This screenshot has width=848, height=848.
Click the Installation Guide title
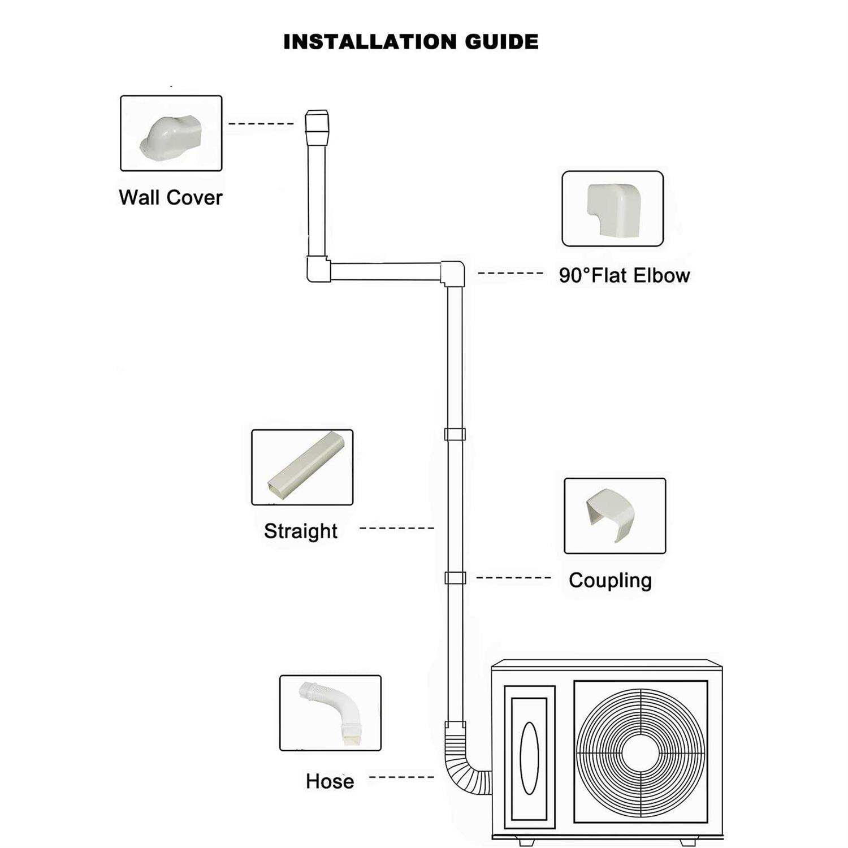point(410,42)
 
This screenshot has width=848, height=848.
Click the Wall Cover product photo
point(171,133)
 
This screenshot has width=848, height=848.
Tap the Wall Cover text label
point(170,197)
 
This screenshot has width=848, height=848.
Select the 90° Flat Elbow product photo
point(612,209)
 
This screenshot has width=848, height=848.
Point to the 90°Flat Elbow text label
point(624,275)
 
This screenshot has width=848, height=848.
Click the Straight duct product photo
point(302,467)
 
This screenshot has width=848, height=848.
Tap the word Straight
point(300,531)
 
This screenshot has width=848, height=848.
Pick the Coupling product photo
point(615,516)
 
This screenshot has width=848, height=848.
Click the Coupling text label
point(610,580)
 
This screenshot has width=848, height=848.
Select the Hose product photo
point(330,713)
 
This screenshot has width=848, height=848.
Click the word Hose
point(330,781)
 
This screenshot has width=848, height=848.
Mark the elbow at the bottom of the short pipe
point(318,269)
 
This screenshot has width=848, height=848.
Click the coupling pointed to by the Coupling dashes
point(455,578)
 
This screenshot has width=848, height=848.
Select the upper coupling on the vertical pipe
point(455,434)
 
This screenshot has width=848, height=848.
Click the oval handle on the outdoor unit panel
point(529,758)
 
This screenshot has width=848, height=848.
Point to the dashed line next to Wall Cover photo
point(261,124)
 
